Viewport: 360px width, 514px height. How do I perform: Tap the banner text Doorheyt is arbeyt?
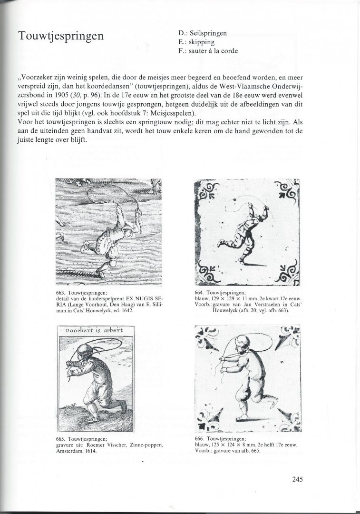click(x=91, y=329)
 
